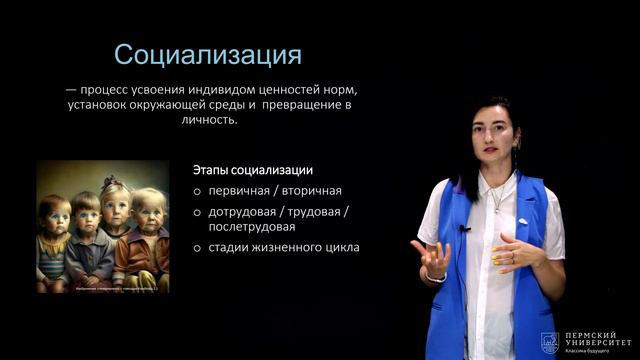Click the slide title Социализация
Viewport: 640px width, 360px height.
(207, 53)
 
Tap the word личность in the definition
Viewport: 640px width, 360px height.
(209, 119)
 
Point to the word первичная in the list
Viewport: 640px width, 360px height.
(241, 190)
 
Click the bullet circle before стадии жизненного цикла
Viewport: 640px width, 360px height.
(198, 248)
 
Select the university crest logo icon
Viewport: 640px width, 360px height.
(548, 342)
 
